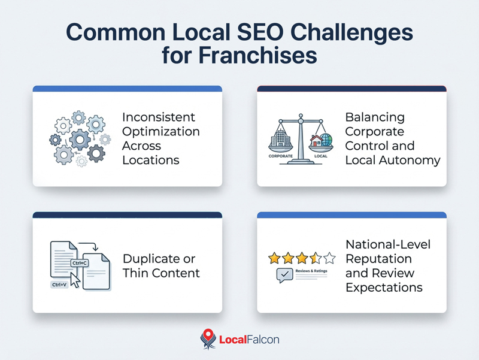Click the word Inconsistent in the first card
[159, 117]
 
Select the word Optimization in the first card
[160, 131]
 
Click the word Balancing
[375, 117]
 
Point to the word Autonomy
[412, 160]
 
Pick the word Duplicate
[150, 259]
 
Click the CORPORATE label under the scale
[281, 156]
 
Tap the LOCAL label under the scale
[320, 156]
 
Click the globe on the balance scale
[326, 141]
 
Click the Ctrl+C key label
[80, 263]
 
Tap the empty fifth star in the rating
[329, 259]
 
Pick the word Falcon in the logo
[262, 340]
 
